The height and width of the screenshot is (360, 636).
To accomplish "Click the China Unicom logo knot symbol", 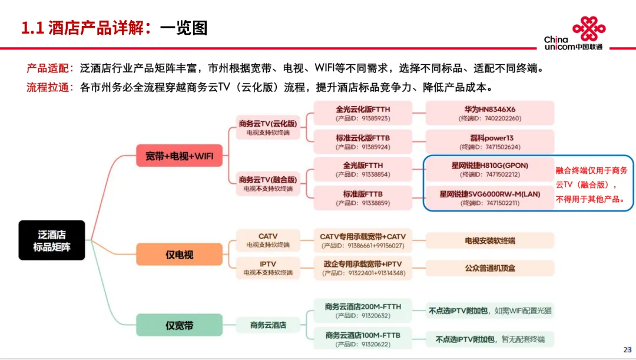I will [x=589, y=28].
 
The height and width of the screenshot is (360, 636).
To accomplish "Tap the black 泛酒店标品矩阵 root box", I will [x=52, y=240].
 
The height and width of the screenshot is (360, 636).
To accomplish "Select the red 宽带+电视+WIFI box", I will [x=179, y=157].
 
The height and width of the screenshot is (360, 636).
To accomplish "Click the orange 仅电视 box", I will [x=179, y=255].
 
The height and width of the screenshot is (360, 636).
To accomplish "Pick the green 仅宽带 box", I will [x=179, y=325].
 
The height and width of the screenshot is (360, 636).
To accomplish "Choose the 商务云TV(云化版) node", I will [x=268, y=127].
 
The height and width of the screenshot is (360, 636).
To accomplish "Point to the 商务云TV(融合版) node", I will [x=268, y=183].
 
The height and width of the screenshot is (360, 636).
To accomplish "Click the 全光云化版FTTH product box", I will [x=363, y=113].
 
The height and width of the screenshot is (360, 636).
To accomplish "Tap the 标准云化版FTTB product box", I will [x=363, y=141].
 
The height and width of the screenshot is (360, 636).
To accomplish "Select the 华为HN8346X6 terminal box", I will [x=489, y=113].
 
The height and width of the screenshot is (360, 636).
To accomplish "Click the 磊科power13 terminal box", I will [x=489, y=141].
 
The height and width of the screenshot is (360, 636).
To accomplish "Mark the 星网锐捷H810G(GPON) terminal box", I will [x=489, y=170].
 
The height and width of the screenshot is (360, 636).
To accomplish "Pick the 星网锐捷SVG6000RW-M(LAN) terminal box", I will [x=489, y=197].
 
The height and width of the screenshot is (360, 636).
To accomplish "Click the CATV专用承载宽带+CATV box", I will [x=363, y=240].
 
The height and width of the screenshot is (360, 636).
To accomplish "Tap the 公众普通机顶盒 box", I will [x=489, y=268].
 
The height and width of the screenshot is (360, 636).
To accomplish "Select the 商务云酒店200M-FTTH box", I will [x=363, y=311].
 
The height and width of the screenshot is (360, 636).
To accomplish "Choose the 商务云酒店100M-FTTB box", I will [x=363, y=339].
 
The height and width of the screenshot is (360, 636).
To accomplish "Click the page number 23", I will [x=627, y=349].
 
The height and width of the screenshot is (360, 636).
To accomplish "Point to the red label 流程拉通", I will [x=48, y=87].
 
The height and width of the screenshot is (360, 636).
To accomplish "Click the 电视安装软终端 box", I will [x=489, y=240].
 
